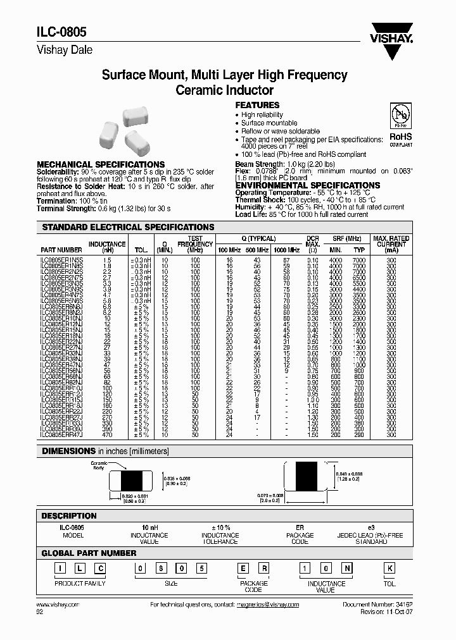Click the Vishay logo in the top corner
tap(395, 32)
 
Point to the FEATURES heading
tap(257, 105)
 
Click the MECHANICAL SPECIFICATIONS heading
tap(101, 164)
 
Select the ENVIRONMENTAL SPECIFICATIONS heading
tap(308, 185)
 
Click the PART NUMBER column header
tap(61, 250)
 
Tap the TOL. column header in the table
tap(139, 250)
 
